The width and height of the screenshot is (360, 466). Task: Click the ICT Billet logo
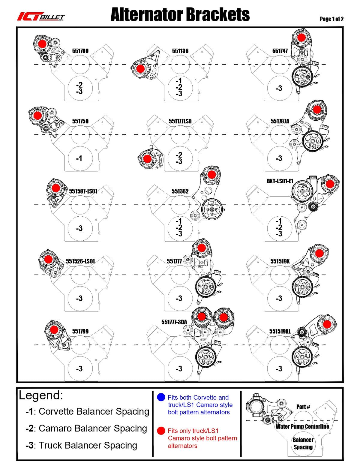40,17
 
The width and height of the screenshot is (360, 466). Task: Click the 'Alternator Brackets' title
180,15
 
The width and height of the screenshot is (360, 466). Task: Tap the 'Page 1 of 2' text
331,19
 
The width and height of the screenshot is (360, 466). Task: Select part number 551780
80,51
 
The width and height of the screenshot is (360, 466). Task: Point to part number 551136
180,51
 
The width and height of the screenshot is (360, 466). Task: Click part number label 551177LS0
180,121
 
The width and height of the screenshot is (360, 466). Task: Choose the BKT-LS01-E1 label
280,181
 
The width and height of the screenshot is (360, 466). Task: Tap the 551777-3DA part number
174,322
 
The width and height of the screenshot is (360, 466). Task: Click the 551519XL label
280,331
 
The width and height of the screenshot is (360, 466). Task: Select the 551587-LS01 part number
83,191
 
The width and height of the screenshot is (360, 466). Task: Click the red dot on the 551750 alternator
38,116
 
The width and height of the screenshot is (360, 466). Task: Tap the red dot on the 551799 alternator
54,329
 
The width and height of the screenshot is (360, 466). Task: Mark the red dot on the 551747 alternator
301,38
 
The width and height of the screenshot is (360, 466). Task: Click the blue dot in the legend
161,397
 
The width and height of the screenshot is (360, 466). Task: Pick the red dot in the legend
161,431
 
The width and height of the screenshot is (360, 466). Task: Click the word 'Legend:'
41,395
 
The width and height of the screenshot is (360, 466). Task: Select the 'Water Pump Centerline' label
302,426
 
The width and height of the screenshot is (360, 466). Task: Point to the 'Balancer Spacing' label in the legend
303,443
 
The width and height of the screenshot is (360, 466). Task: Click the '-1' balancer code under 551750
79,158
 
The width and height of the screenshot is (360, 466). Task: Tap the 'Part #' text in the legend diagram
303,407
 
